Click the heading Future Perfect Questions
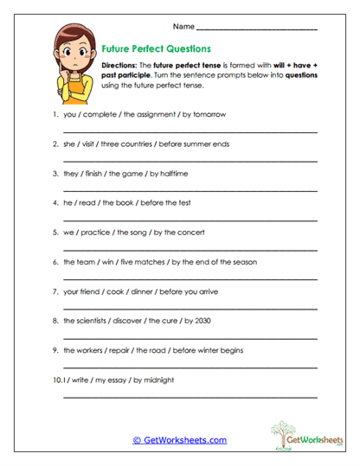[157, 49]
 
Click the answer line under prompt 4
[190, 220]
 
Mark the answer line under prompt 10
[190, 397]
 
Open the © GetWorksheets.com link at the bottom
[179, 440]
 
